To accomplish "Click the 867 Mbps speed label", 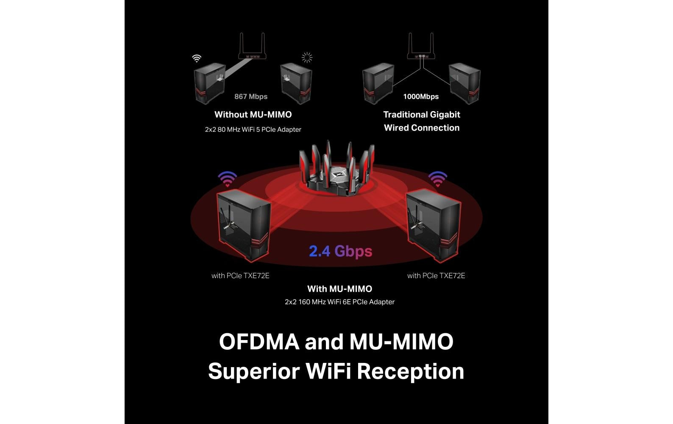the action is click(x=251, y=96).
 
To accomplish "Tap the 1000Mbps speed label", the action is click(x=420, y=96).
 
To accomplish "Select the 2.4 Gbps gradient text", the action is click(x=340, y=251).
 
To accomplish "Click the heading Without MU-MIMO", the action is click(x=253, y=114).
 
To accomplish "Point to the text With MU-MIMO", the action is click(x=339, y=289).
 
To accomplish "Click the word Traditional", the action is click(x=405, y=114).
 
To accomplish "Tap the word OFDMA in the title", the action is click(x=259, y=342).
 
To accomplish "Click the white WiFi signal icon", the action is click(x=197, y=58).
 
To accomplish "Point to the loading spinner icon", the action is click(x=307, y=57).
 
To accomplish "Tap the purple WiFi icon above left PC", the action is click(x=228, y=179).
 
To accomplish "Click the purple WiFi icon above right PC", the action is click(x=438, y=179).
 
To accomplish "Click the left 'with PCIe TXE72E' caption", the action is click(x=240, y=276).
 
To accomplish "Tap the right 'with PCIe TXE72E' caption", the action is click(x=436, y=276).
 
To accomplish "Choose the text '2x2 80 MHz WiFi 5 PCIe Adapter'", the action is click(x=253, y=129).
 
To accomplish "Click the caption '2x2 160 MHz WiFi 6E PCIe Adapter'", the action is click(x=339, y=302).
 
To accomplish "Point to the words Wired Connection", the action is click(x=422, y=128).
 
